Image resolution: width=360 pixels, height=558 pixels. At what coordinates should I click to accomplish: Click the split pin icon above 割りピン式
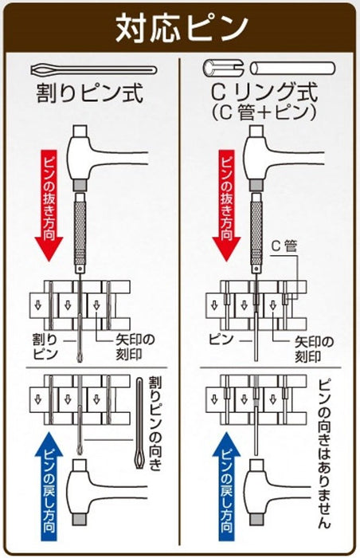coord(89,69)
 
